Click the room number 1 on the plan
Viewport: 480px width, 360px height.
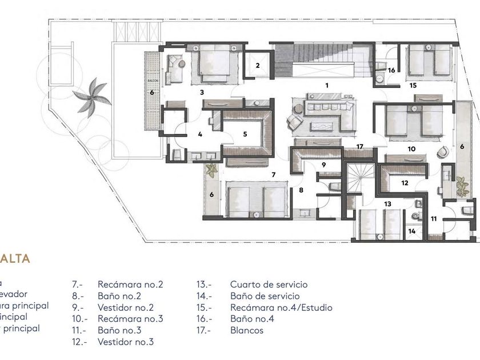tap(327, 85)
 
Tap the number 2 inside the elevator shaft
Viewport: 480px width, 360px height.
tap(258, 66)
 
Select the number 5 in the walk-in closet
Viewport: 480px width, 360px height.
tap(245, 134)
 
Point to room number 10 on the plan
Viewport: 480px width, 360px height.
tap(411, 149)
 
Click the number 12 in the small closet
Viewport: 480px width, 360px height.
tap(405, 183)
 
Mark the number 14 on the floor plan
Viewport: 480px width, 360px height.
tap(411, 231)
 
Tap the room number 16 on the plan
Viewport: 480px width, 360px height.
tap(391, 70)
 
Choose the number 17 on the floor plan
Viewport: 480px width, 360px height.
tap(359, 147)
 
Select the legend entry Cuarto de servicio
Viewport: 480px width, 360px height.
tap(269, 285)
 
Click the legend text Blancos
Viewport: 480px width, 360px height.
tap(247, 330)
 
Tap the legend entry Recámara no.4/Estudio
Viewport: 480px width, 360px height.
tap(281, 307)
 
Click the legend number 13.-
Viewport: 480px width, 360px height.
tap(204, 285)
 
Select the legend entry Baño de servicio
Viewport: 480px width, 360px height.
tap(265, 296)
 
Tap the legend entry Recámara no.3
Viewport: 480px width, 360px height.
tap(130, 319)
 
